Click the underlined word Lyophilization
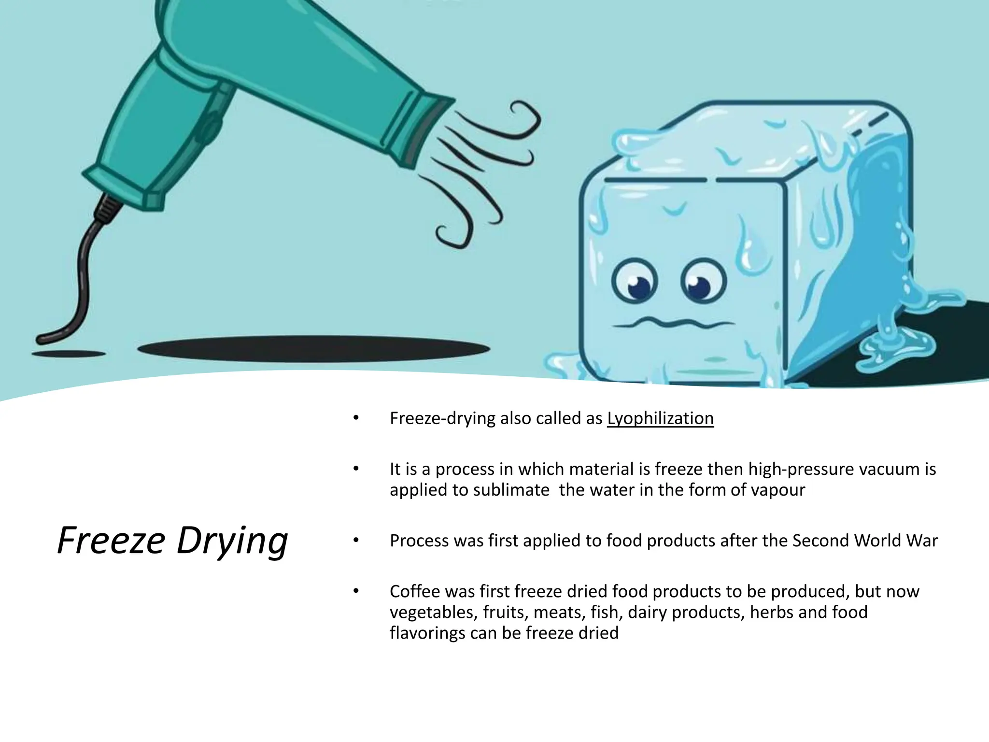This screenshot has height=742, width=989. tap(660, 418)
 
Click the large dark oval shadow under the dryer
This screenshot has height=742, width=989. tap(314, 349)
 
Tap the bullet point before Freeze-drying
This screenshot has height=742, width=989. tap(356, 418)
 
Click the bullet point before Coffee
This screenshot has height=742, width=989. tap(356, 591)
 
